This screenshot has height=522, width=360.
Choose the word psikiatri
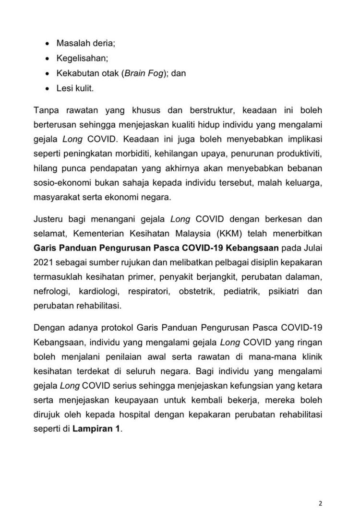(x=289, y=291)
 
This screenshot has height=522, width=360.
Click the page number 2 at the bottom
(x=320, y=503)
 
